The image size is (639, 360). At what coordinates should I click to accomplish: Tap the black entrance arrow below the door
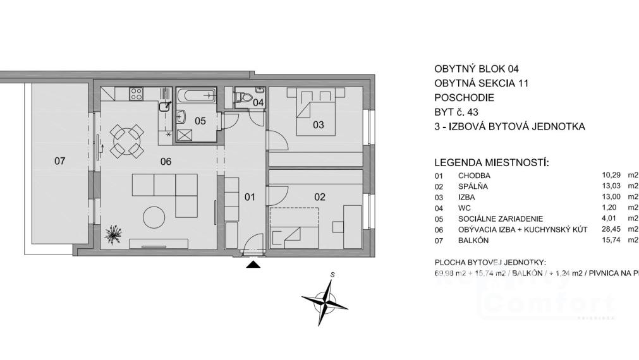click(253, 265)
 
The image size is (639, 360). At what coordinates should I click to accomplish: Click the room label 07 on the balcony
click(59, 161)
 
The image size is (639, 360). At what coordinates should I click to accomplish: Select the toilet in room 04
click(241, 98)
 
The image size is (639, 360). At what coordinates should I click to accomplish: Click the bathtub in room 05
click(195, 96)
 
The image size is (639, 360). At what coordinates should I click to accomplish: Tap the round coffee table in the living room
click(154, 218)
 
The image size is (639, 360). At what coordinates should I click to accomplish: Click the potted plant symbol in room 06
click(114, 235)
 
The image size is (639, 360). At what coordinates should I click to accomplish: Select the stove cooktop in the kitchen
click(136, 94)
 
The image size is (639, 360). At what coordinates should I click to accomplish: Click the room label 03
click(318, 125)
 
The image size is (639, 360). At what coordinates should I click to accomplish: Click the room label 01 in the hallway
click(250, 197)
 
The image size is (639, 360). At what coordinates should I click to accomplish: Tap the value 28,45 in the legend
click(612, 229)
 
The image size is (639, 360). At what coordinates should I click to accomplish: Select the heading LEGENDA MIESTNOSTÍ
click(492, 163)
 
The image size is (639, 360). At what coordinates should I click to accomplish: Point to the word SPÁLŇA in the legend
click(473, 186)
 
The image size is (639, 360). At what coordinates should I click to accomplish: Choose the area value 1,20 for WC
click(610, 208)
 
